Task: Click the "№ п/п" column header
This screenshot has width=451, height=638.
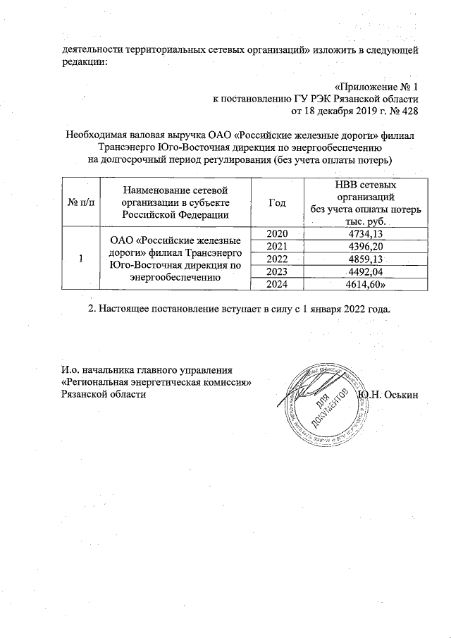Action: pyautogui.click(x=81, y=202)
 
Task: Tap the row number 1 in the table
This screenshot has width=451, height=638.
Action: pyautogui.click(x=81, y=259)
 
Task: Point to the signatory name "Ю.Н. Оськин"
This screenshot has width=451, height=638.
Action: pyautogui.click(x=389, y=393)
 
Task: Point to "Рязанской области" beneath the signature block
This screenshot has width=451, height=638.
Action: pyautogui.click(x=104, y=393)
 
